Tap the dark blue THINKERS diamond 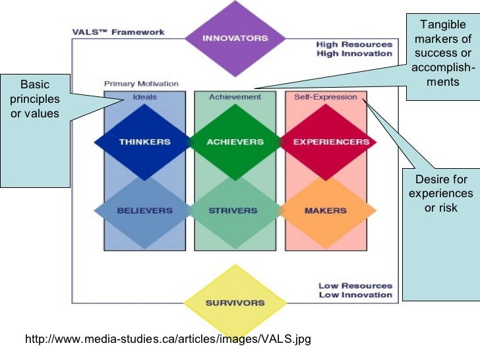coord(144,142)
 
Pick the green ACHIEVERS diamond coord(235,142)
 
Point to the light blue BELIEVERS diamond coord(144,211)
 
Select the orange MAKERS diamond coord(326,211)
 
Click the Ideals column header coord(144,97)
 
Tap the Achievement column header coord(235,97)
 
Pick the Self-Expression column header coord(326,97)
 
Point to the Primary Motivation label coord(141,84)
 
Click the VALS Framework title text coord(118,32)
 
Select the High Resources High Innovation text coord(354,49)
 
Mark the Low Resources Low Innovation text coord(355,290)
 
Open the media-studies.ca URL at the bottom coord(167,340)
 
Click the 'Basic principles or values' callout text coord(35,99)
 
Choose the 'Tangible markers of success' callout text coord(442,53)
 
